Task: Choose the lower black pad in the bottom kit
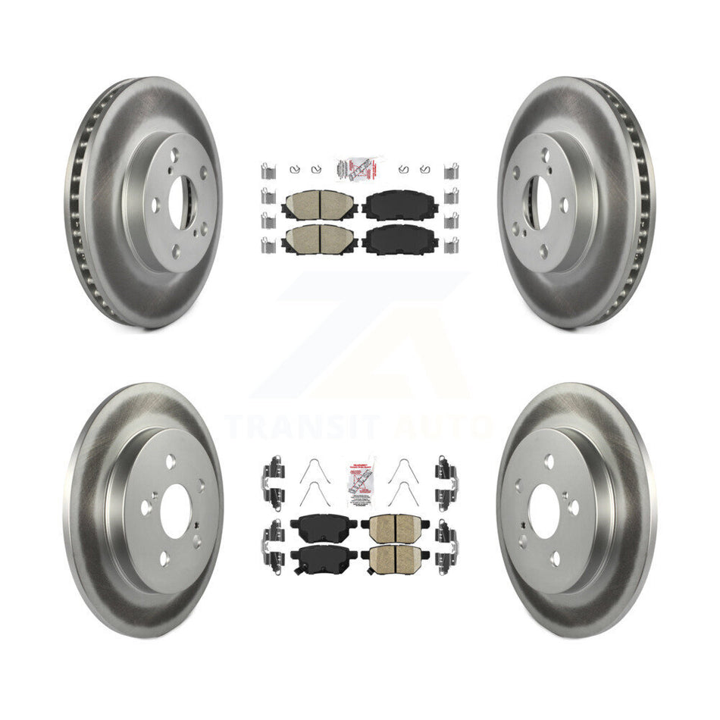click(x=318, y=559)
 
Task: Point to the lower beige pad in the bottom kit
click(x=395, y=559)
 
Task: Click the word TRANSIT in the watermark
click(x=303, y=427)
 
